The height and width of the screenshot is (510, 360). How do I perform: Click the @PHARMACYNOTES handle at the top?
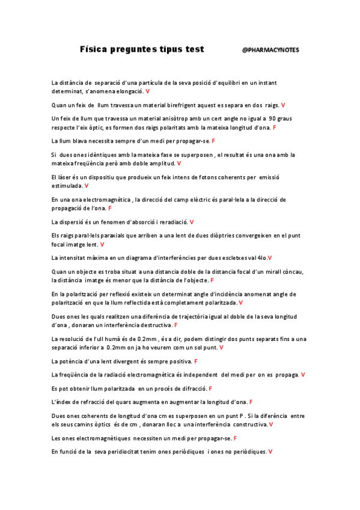click(x=270, y=50)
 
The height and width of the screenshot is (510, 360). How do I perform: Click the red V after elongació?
click(x=148, y=91)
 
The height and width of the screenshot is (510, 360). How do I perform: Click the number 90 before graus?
click(x=272, y=118)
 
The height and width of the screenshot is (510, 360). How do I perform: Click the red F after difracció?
click(x=210, y=389)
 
